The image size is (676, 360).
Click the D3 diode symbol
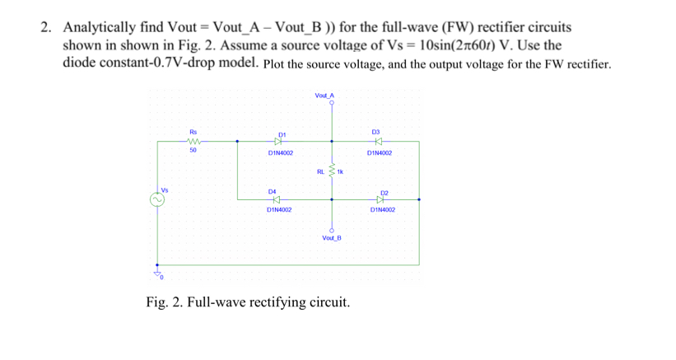(x=378, y=142)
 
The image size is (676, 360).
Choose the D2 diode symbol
(x=380, y=199)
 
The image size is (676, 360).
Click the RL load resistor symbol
(x=333, y=171)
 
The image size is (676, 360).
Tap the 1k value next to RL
(x=340, y=172)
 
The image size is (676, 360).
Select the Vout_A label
(x=325, y=96)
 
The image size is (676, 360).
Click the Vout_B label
(x=332, y=237)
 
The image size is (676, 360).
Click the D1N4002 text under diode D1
(x=280, y=153)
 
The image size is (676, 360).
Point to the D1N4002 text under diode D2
(x=383, y=210)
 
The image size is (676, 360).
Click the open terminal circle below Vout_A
(x=332, y=105)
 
